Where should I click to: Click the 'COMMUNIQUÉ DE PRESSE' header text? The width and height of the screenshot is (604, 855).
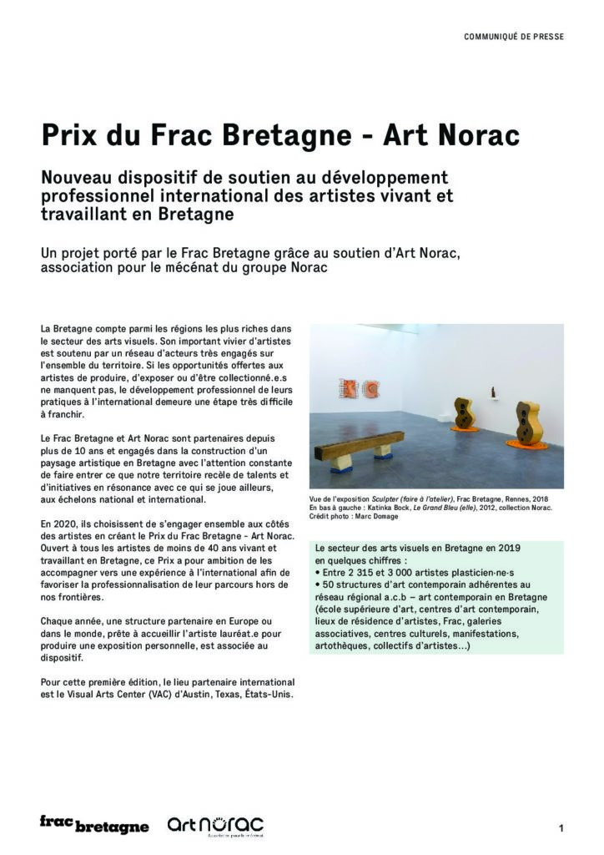[x=513, y=37]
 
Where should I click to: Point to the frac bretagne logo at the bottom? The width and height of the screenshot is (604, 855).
[x=93, y=825]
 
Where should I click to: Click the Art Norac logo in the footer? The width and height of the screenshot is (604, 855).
[x=215, y=826]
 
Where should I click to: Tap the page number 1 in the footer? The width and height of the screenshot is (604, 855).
[x=561, y=828]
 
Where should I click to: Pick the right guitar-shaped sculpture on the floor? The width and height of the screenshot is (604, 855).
[x=525, y=425]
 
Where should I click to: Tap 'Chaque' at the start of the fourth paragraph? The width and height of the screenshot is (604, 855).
[x=57, y=622]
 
